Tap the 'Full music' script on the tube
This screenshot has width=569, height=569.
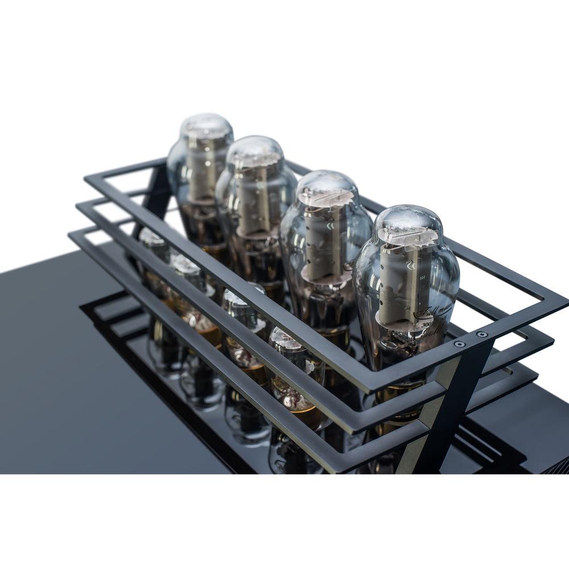click(432, 312)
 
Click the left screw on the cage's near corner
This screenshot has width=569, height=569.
click(459, 344)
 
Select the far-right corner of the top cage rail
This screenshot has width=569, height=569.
click(563, 301)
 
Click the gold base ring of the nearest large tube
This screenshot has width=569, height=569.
click(398, 393)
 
